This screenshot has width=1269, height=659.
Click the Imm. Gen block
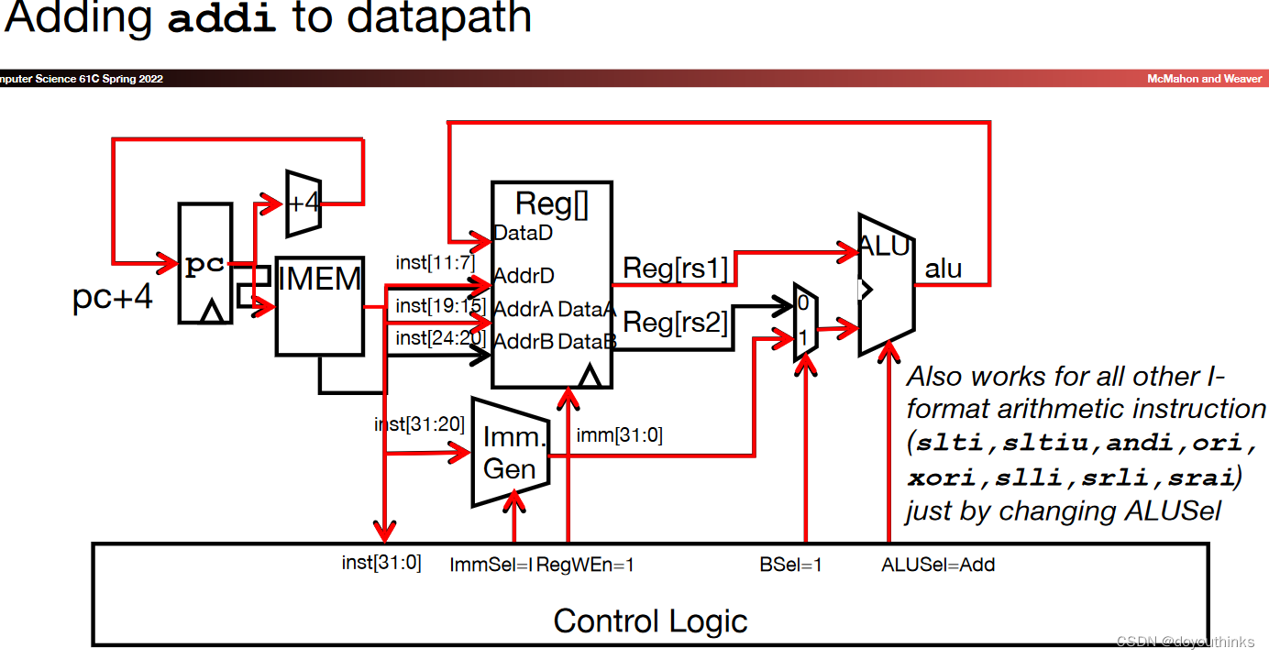tap(510, 452)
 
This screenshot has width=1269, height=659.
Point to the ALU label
tap(884, 246)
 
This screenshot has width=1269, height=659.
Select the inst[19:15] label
tap(439, 305)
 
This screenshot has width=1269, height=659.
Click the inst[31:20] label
tap(419, 424)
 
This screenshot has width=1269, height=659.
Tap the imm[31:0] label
tap(619, 435)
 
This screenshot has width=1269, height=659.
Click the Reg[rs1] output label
tap(676, 269)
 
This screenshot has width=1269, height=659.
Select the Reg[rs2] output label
tap(676, 322)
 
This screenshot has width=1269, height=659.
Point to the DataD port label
tap(523, 233)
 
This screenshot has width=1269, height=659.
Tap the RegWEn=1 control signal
tap(585, 565)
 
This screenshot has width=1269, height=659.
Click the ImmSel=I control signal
tap(491, 565)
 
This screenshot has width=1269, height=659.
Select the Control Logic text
tap(650, 621)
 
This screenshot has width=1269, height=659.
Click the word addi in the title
tap(222, 18)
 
